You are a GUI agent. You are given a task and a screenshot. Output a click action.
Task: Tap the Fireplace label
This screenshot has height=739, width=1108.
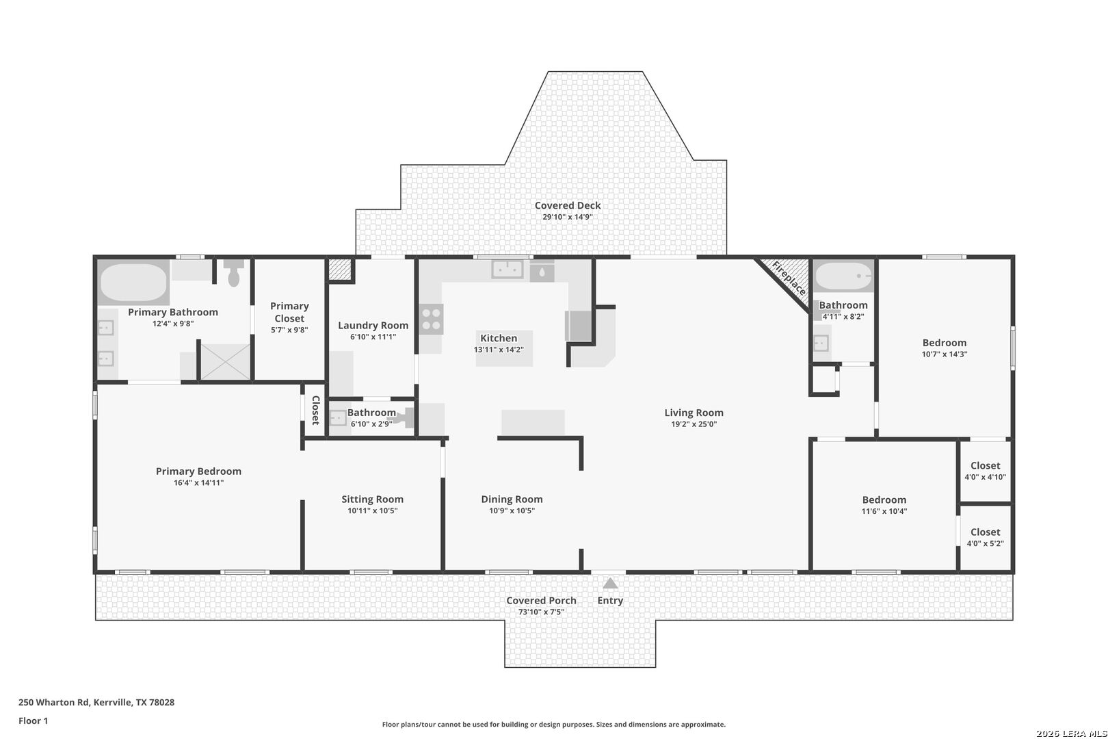(789, 278)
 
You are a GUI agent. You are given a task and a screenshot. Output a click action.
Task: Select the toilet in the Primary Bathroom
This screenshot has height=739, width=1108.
(234, 273)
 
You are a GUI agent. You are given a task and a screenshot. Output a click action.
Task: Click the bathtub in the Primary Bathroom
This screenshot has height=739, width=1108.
(133, 282)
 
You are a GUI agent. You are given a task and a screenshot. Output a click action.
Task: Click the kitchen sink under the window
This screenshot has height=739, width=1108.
(507, 270)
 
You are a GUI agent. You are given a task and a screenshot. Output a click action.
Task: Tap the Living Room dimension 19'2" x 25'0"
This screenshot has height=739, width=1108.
(694, 424)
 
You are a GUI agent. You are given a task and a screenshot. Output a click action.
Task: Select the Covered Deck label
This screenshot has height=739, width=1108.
(568, 205)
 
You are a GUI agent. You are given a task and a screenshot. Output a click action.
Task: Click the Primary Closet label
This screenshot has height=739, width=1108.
(289, 312)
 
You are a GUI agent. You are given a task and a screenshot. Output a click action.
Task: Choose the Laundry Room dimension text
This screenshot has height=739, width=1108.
(373, 337)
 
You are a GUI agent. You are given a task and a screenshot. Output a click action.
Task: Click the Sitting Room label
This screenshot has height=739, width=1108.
(373, 500)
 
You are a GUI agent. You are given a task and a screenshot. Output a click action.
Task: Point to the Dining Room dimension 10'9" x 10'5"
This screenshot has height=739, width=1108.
(512, 511)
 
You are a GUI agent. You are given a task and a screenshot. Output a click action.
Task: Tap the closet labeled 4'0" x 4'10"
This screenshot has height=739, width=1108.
(986, 471)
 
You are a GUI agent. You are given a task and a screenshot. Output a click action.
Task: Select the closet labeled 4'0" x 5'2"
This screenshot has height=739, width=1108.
(986, 538)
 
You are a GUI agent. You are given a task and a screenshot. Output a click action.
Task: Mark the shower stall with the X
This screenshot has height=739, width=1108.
(226, 362)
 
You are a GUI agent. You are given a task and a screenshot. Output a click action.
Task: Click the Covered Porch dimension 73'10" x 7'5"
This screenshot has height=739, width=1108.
(541, 612)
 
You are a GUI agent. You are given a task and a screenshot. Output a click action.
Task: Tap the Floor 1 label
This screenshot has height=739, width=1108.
(33, 721)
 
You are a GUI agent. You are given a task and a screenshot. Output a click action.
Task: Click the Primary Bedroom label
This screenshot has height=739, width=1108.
(198, 471)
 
